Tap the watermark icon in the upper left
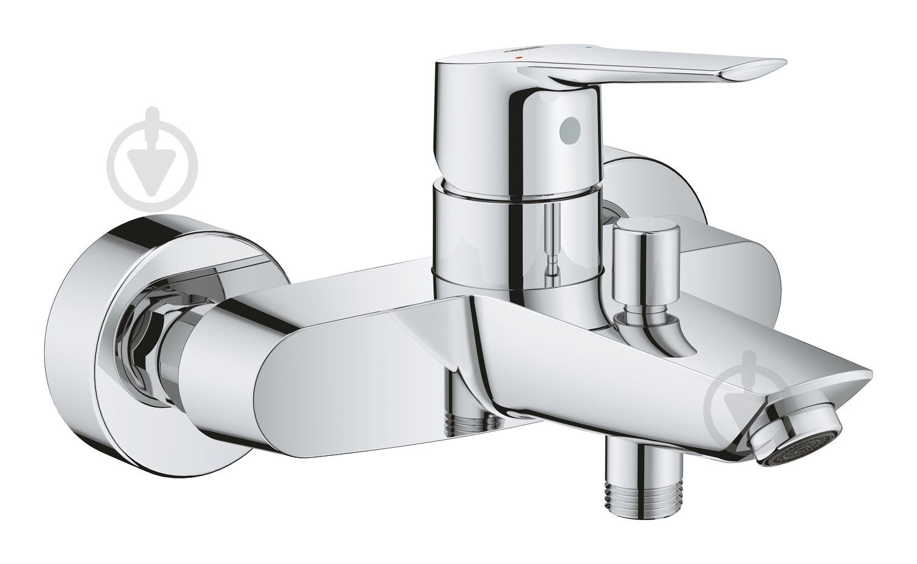tap(152, 152)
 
